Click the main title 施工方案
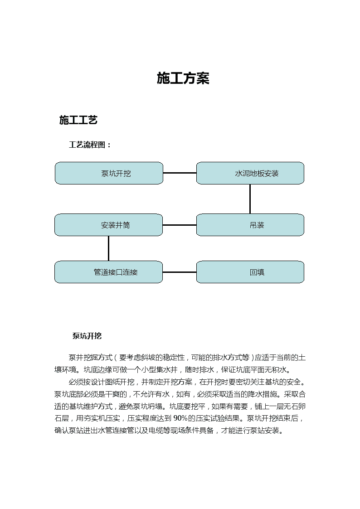coord(183,78)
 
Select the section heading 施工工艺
coord(78,120)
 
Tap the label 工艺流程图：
coord(90,145)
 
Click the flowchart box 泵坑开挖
coord(109,173)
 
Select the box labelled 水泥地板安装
coord(250,173)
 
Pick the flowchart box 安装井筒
coord(108,225)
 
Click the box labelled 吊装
coord(250,225)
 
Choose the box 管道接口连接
coord(108,272)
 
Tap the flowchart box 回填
coord(250,272)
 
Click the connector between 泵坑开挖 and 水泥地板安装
coord(180,173)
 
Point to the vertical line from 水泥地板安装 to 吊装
coord(250,199)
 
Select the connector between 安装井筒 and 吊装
coord(180,225)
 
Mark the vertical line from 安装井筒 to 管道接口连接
coord(108,248)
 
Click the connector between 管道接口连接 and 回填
coord(180,272)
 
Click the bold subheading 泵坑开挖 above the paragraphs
coord(87,336)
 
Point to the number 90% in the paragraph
coord(180,418)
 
